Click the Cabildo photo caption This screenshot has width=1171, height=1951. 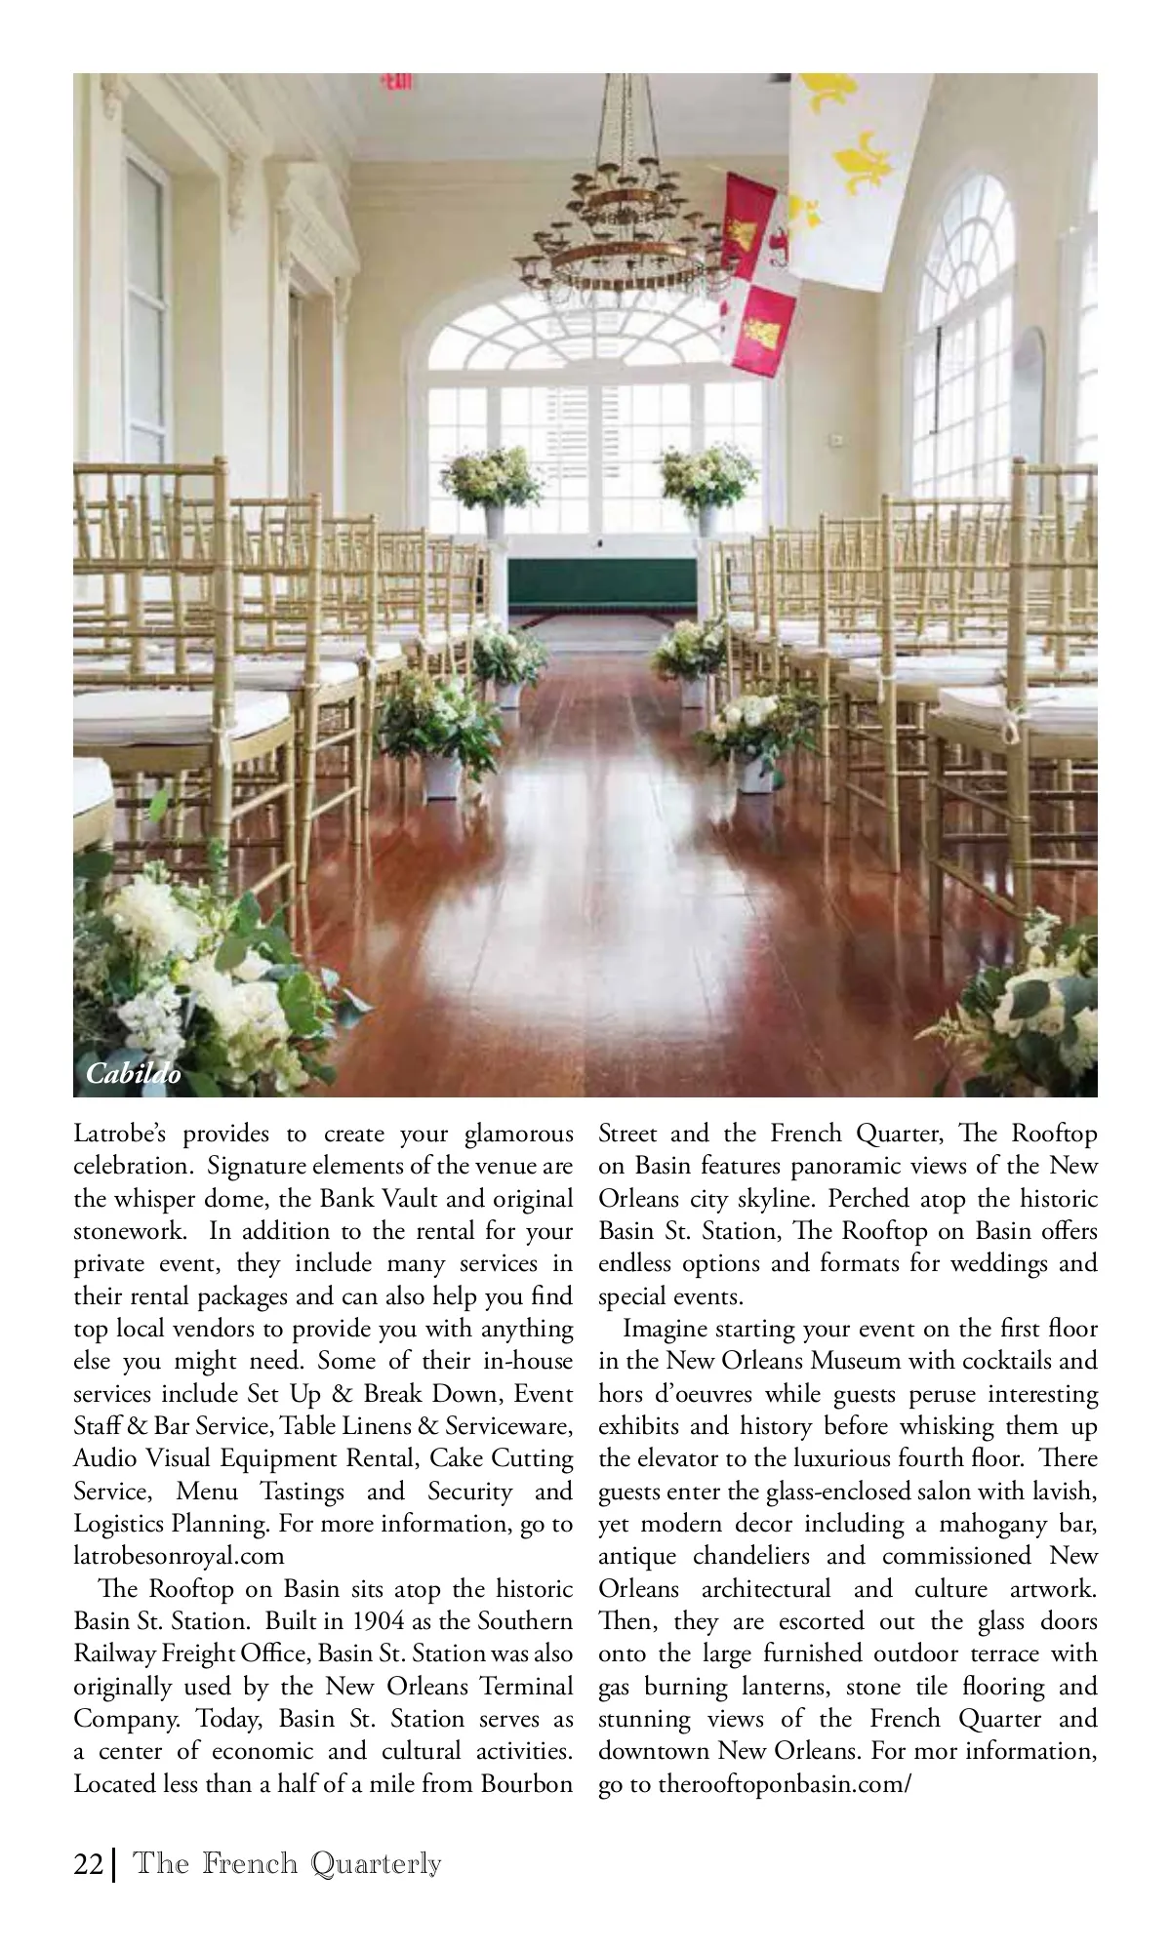pos(134,1074)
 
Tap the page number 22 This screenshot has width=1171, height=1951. pos(88,1863)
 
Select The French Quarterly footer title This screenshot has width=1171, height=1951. pos(287,1863)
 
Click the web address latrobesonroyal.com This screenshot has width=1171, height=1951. pos(179,1556)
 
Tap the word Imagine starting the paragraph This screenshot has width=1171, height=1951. pos(665,1329)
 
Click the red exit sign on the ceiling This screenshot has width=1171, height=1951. pos(395,82)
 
